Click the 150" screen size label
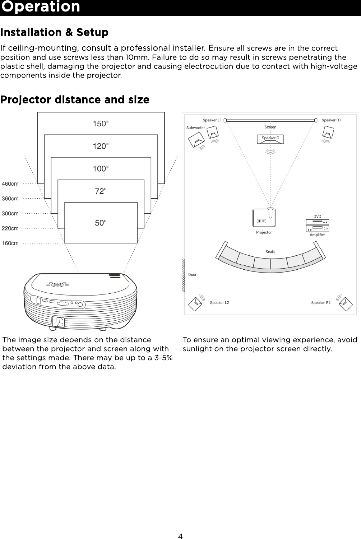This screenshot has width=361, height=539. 101,124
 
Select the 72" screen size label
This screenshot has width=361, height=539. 101,191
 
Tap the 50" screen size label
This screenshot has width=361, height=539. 101,223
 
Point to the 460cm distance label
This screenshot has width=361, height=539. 10,184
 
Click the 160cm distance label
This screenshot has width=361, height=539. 10,243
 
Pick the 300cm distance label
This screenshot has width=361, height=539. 10,214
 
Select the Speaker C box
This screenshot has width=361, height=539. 270,139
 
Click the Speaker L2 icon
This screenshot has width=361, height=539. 195,304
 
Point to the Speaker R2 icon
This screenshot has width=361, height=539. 345,304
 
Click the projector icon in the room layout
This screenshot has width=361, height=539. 264,218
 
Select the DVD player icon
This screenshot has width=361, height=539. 317,222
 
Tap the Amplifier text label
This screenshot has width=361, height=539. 317,235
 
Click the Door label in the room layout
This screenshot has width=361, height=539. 193,275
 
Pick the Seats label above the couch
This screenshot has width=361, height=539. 270,252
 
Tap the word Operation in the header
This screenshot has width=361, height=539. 41,7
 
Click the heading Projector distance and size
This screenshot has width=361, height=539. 75,99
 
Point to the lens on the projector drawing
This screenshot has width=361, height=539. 58,322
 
